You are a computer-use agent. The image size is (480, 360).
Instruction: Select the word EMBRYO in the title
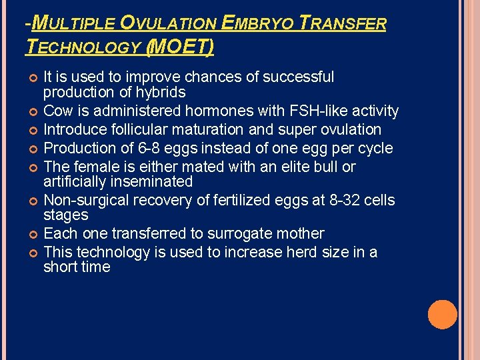pyautogui.click(x=258, y=24)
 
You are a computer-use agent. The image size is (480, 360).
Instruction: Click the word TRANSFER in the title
pyautogui.click(x=344, y=24)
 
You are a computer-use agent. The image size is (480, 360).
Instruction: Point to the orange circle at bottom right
pyautogui.click(x=442, y=315)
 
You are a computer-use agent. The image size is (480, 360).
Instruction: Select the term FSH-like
pyautogui.click(x=315, y=111)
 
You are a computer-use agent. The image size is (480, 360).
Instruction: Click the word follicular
pyautogui.click(x=141, y=129)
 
